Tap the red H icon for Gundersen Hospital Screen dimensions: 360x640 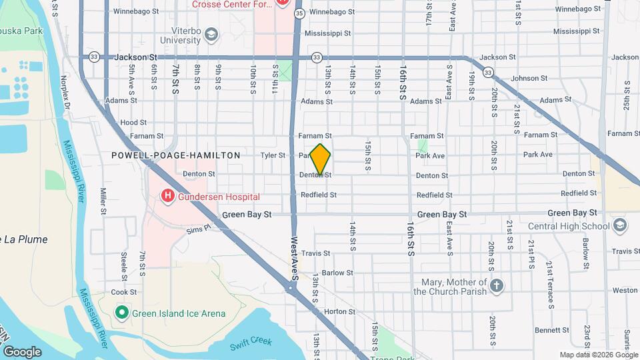point(167,196)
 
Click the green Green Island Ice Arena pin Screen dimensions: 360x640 point(121,312)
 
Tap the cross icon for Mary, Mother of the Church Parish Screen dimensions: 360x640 point(495,286)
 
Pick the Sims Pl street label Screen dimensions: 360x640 point(198,229)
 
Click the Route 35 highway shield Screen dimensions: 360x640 point(299,13)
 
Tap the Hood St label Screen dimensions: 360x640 point(133,123)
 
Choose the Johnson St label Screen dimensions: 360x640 point(529,79)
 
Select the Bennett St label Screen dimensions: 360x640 point(551,330)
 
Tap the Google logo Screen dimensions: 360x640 point(22,351)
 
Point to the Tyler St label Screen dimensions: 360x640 point(273,155)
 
